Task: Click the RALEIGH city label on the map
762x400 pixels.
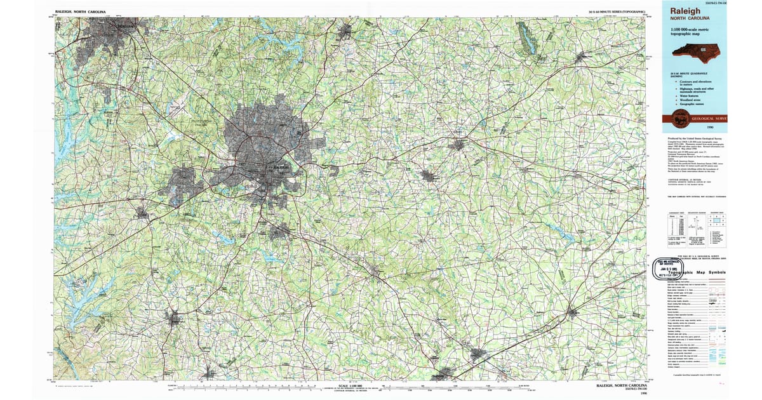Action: point(280,167)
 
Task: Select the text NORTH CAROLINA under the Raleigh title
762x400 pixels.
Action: point(688,18)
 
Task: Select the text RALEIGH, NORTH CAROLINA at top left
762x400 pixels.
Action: point(81,11)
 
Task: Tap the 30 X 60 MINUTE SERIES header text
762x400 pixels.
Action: point(617,12)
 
